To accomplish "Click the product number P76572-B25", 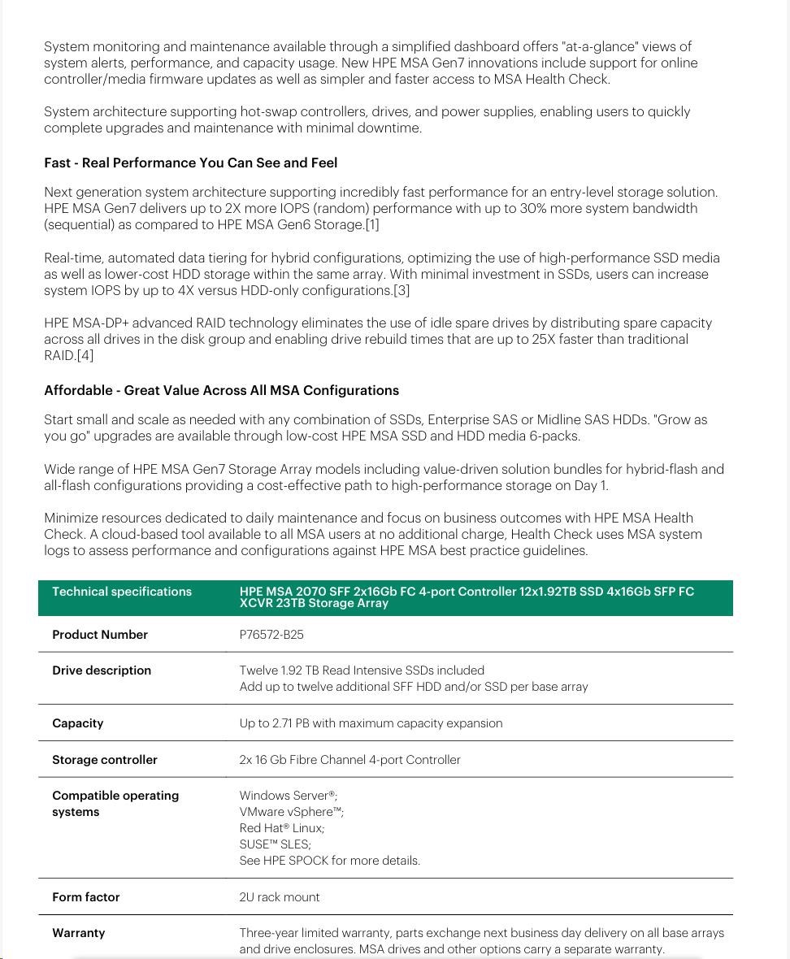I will pyautogui.click(x=271, y=635).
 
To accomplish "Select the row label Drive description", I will pyautogui.click(x=102, y=670).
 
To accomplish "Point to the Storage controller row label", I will pyautogui.click(x=105, y=760).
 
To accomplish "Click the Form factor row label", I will pyautogui.click(x=86, y=897).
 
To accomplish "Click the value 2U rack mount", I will pyautogui.click(x=280, y=897).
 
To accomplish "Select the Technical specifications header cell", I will pyautogui.click(x=122, y=592).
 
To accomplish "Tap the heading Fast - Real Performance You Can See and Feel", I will pyautogui.click(x=191, y=163).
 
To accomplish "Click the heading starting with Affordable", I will pyautogui.click(x=222, y=390).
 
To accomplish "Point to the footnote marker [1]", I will pyautogui.click(x=372, y=225).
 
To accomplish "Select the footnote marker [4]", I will pyautogui.click(x=85, y=355).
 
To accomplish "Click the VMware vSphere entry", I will pyautogui.click(x=292, y=812).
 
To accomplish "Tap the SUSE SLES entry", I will pyautogui.click(x=276, y=844).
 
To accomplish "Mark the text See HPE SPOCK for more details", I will pyautogui.click(x=330, y=861).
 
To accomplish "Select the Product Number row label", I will pyautogui.click(x=100, y=635).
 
